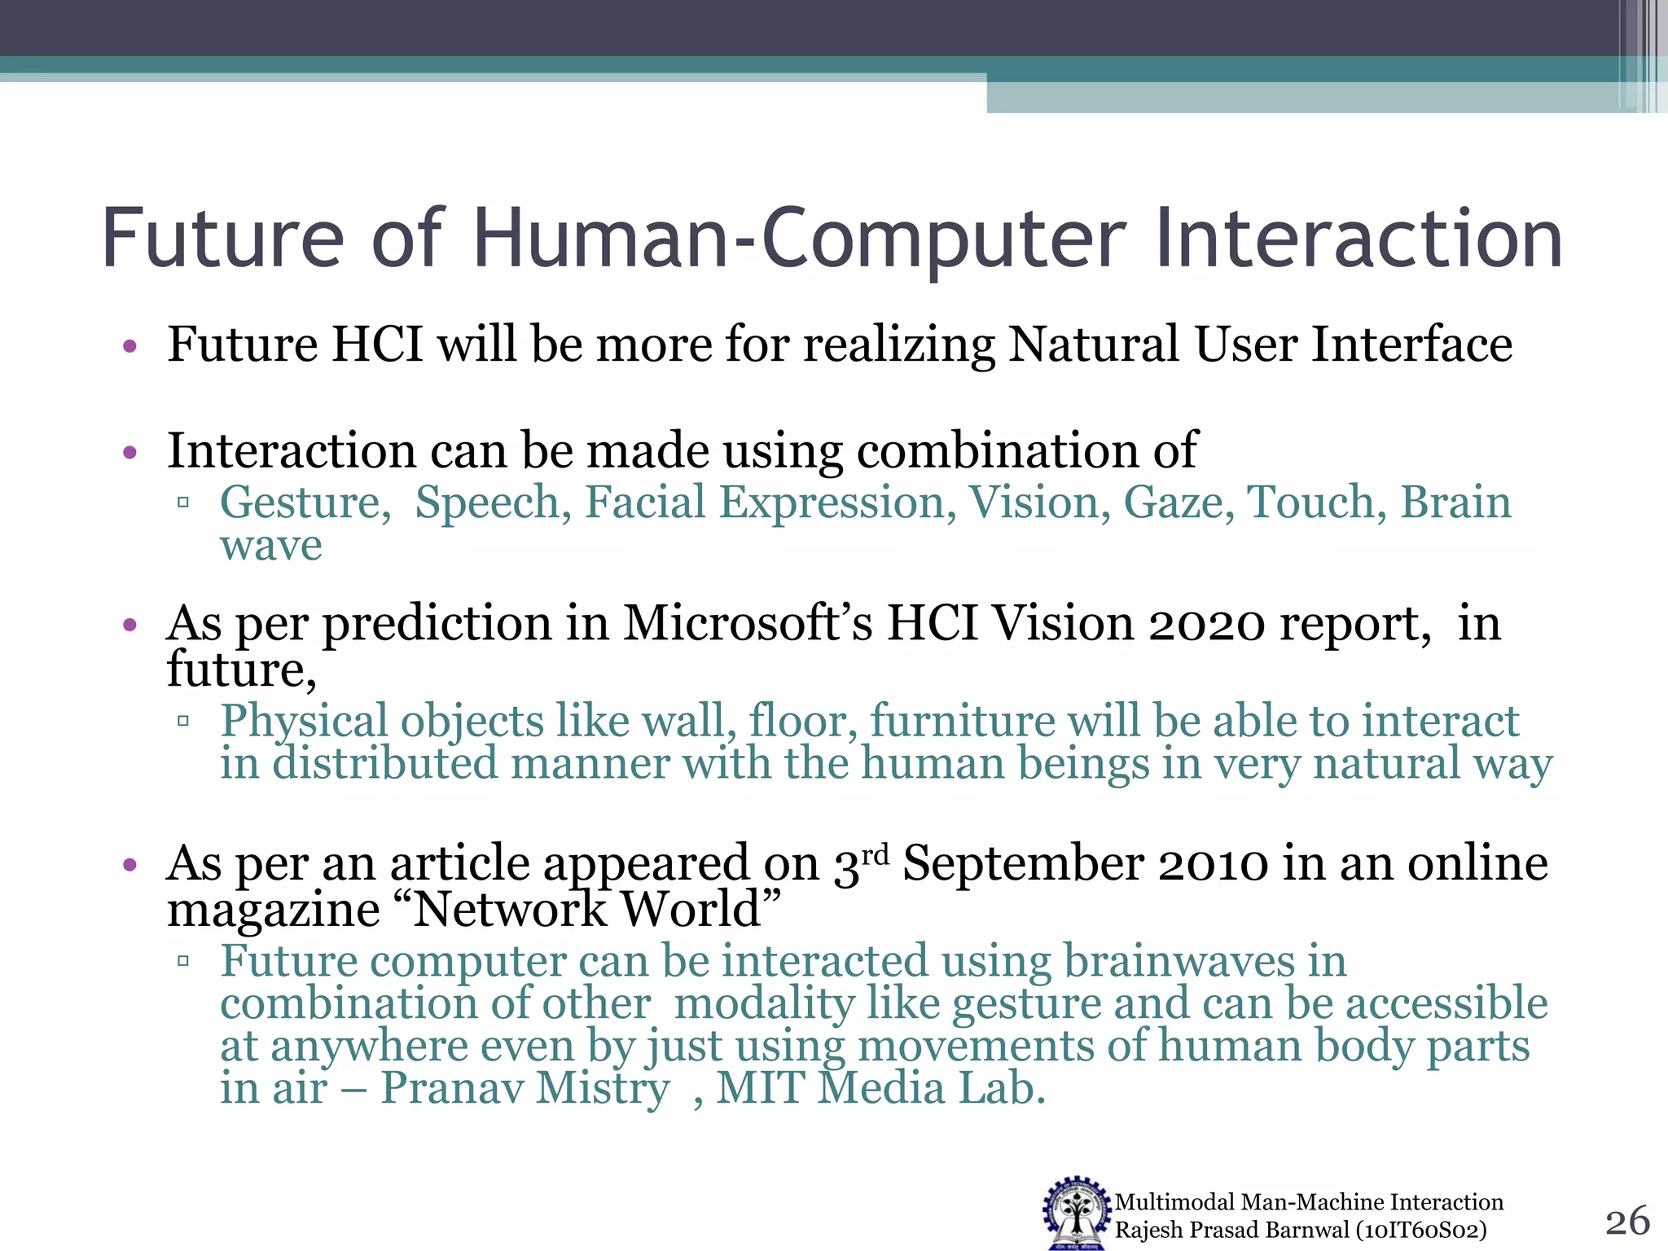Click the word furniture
(962, 722)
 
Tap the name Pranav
(452, 1088)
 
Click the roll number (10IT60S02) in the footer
(1421, 1230)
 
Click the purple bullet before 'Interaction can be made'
(129, 452)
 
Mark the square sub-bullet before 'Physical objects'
(183, 721)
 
